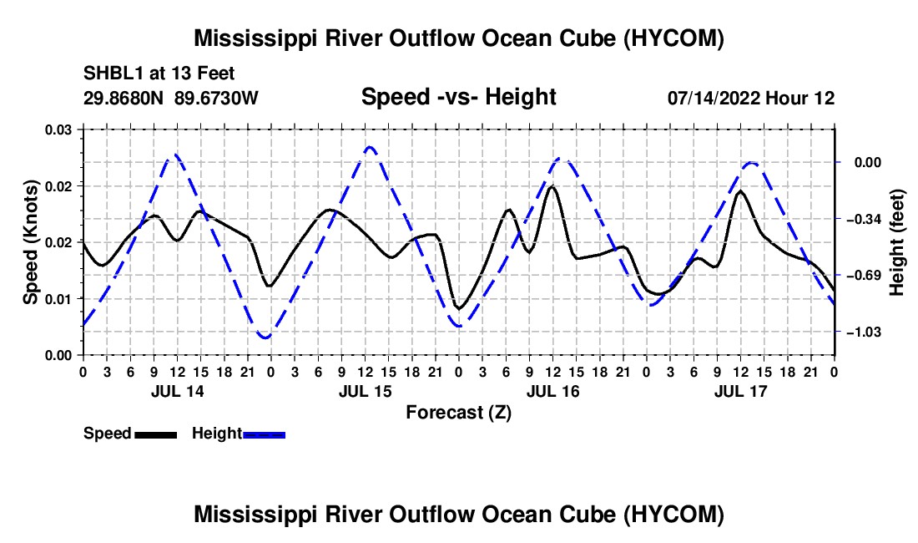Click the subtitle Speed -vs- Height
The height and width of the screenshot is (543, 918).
click(x=458, y=97)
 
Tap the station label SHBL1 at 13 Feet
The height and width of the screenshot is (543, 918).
click(x=159, y=74)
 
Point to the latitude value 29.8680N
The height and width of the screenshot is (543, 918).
click(x=124, y=98)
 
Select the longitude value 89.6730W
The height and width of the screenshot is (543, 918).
click(x=216, y=98)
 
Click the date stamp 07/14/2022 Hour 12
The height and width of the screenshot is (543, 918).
click(x=751, y=98)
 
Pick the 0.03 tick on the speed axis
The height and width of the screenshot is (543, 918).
click(x=58, y=129)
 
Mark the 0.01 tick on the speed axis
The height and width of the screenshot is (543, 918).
click(x=58, y=299)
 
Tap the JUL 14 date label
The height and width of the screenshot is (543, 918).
click(x=178, y=391)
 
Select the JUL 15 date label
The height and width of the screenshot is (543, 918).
click(x=366, y=391)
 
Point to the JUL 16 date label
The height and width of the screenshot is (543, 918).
click(x=552, y=391)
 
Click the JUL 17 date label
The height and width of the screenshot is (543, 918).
click(x=740, y=391)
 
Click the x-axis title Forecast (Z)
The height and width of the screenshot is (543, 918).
click(x=458, y=413)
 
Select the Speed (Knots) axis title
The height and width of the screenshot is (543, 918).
click(x=30, y=242)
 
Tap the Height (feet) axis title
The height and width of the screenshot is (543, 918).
click(x=897, y=242)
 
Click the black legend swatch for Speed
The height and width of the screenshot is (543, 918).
click(x=156, y=434)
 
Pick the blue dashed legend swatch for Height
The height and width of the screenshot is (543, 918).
click(x=264, y=434)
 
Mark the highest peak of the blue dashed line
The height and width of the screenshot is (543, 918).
click(x=369, y=147)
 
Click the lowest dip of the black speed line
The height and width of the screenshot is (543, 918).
click(x=459, y=308)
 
